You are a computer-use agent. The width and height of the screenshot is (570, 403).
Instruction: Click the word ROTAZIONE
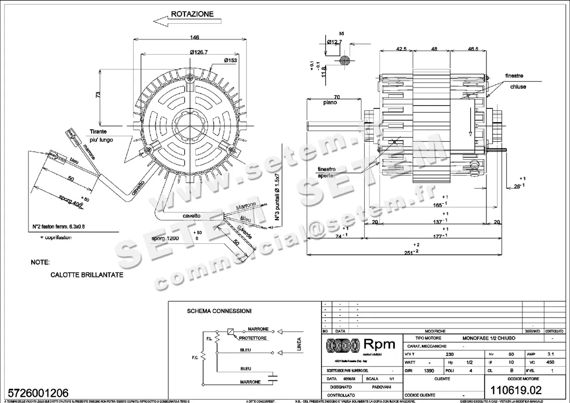click(x=192, y=14)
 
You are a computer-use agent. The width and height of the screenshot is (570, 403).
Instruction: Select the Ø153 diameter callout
click(x=231, y=60)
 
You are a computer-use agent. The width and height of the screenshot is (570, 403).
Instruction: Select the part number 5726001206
click(x=36, y=393)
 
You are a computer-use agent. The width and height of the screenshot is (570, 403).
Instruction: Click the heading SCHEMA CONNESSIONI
click(x=219, y=311)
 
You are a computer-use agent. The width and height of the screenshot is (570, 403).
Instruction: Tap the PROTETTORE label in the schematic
click(x=252, y=338)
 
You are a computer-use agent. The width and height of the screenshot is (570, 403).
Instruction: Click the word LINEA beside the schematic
click(x=299, y=344)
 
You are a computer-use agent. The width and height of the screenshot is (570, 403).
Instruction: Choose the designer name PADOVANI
click(x=374, y=387)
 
